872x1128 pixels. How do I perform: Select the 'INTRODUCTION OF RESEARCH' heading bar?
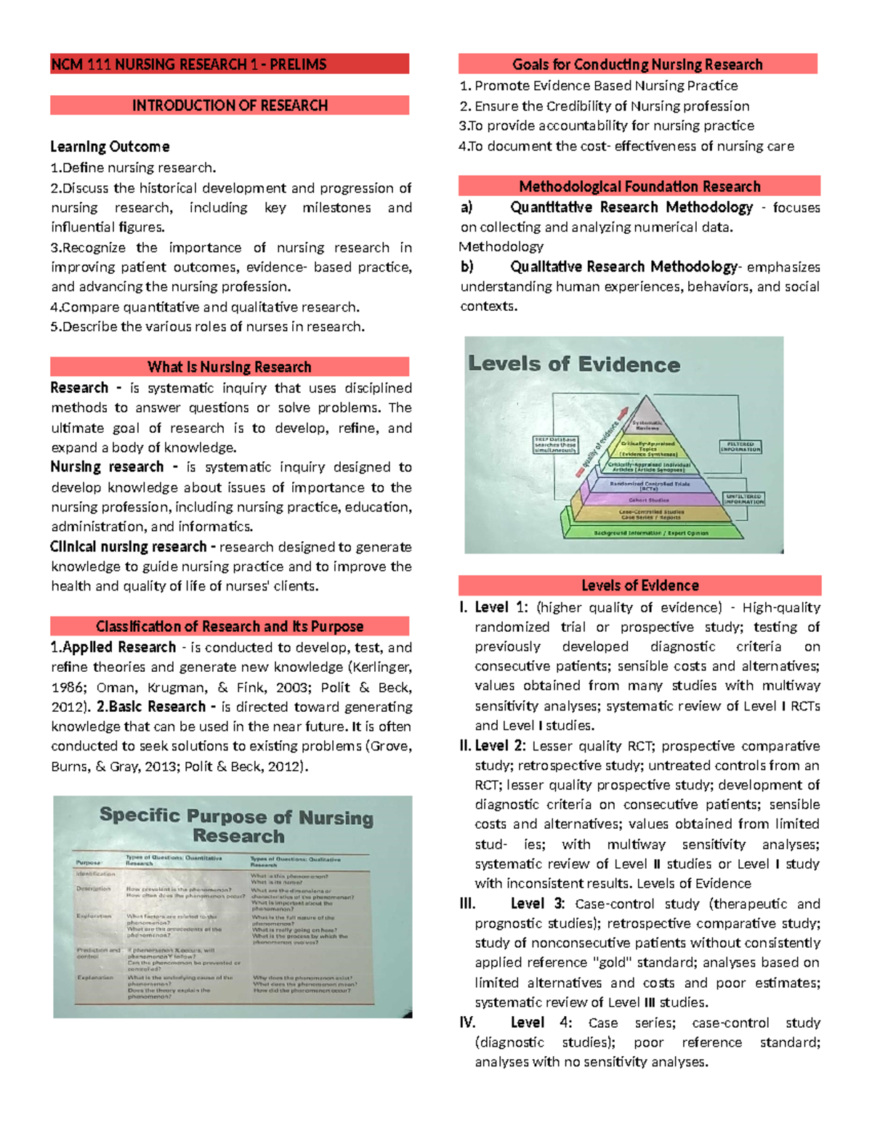[230, 105]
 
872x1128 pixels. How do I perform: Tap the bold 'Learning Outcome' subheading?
[110, 147]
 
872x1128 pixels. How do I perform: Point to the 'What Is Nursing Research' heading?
[230, 367]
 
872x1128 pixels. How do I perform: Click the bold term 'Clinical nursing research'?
[129, 546]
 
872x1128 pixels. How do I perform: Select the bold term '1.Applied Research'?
[113, 647]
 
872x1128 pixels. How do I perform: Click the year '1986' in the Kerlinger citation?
[68, 687]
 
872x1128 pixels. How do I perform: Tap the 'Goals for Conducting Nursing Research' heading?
[637, 65]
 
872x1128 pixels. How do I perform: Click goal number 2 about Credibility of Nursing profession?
[605, 106]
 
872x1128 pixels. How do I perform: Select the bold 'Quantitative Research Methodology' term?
[631, 207]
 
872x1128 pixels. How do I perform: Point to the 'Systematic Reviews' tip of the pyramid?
[646, 424]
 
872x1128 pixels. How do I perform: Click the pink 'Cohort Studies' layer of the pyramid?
[649, 500]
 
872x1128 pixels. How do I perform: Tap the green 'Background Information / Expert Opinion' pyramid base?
[650, 532]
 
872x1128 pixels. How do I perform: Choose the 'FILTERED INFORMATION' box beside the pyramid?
[740, 447]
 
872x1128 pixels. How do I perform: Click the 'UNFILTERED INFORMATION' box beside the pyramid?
[743, 499]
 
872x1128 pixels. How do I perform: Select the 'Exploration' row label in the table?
[94, 916]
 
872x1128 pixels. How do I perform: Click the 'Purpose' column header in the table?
[88, 862]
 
